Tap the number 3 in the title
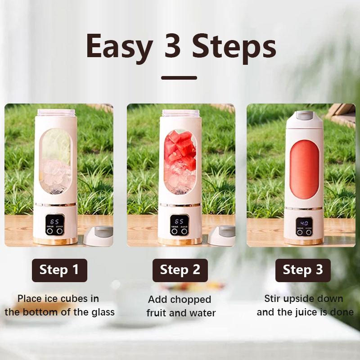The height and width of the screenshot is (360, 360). click(172, 46)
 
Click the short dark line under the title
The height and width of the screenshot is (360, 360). click(179, 78)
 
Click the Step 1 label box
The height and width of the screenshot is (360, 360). click(59, 270)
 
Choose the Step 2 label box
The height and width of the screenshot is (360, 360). click(180, 270)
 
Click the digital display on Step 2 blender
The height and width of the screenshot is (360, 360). click(180, 222)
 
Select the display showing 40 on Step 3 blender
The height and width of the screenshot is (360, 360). click(304, 223)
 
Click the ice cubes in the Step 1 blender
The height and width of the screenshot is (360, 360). click(57, 175)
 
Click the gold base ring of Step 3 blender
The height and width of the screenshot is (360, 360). click(304, 242)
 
